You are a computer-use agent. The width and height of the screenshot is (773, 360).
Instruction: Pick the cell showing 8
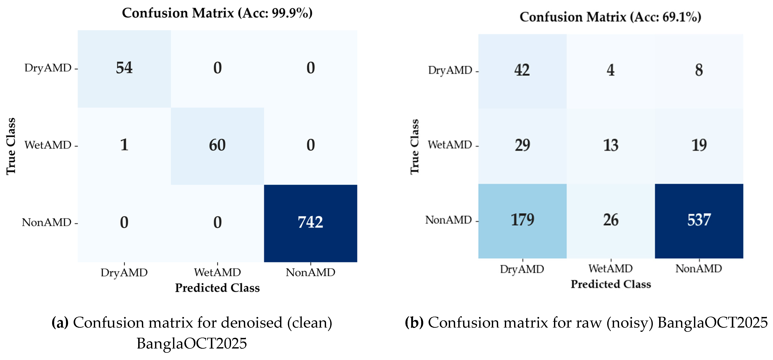(699, 70)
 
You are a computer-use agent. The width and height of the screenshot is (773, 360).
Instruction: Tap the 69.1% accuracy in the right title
(680, 17)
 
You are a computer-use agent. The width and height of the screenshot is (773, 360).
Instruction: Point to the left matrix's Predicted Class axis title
(217, 288)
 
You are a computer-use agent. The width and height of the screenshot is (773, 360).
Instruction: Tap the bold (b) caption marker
(414, 323)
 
